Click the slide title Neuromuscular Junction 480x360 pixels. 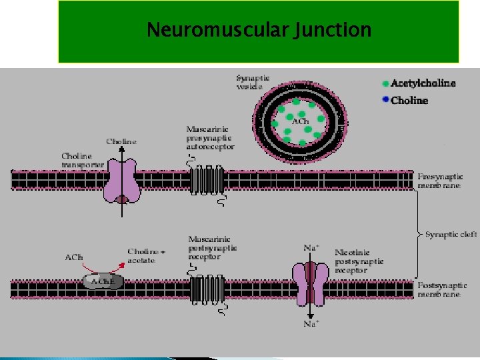[259, 31]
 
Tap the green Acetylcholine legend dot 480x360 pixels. [385, 83]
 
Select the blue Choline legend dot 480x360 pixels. [385, 101]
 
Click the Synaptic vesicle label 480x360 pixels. [253, 82]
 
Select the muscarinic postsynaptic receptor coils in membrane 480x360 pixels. [207, 289]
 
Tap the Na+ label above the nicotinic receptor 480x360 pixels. [311, 247]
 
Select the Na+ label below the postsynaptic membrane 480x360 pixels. [311, 324]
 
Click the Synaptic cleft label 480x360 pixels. [451, 235]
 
